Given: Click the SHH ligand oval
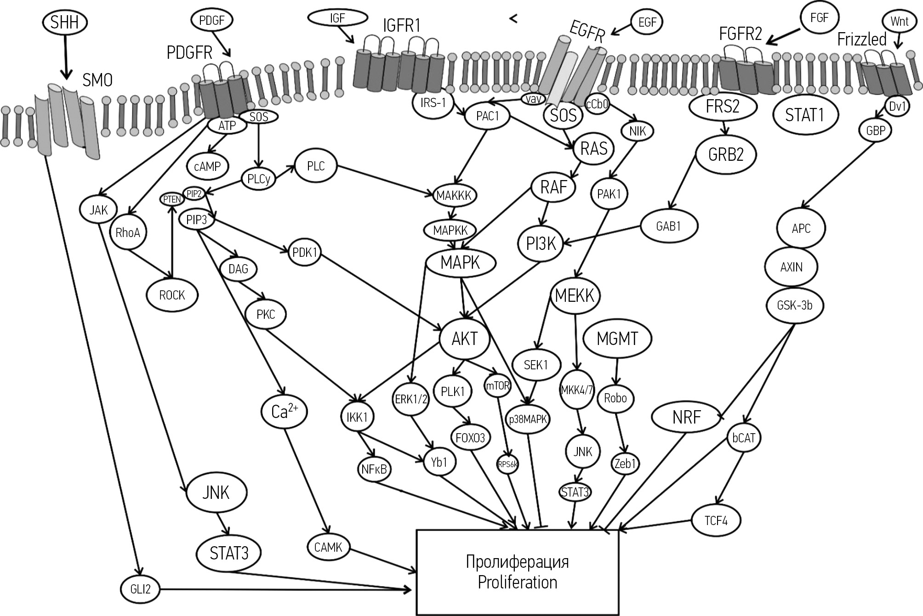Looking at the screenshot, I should pyautogui.click(x=64, y=22).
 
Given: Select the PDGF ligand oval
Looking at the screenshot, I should pyautogui.click(x=212, y=21).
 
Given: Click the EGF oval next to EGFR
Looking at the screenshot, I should pyautogui.click(x=647, y=22).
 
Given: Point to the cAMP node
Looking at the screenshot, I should pyautogui.click(x=207, y=166).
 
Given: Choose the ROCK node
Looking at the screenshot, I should pyautogui.click(x=172, y=295).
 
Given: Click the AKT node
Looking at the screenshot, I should pyautogui.click(x=465, y=339).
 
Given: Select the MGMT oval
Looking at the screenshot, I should pyautogui.click(x=617, y=339).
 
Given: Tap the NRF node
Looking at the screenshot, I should pyautogui.click(x=686, y=418).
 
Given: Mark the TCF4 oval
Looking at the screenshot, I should pyautogui.click(x=716, y=520).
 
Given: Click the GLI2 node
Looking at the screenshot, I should pyautogui.click(x=140, y=589).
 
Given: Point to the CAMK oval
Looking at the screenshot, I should pyautogui.click(x=328, y=547).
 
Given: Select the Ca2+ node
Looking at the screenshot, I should pyautogui.click(x=284, y=412).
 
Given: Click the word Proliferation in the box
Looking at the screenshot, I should pyautogui.click(x=517, y=582).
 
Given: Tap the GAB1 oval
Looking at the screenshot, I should pyautogui.click(x=668, y=226).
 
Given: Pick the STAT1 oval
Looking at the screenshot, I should pyautogui.click(x=804, y=115).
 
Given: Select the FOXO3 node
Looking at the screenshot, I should pyautogui.click(x=470, y=438).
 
